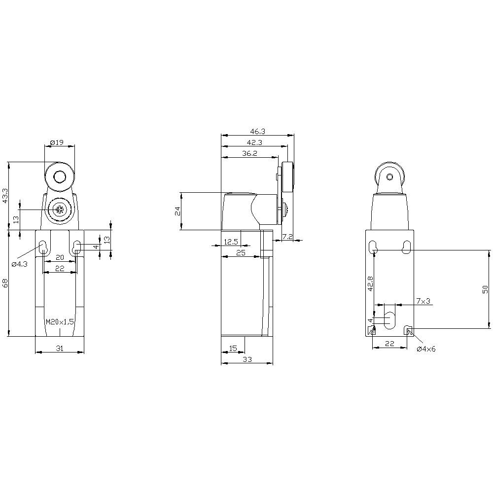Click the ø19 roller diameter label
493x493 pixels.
[57, 142]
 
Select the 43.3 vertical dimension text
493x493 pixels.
[5, 195]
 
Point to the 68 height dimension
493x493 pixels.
[5, 283]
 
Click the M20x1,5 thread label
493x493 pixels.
[60, 321]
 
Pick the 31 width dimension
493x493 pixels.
[60, 349]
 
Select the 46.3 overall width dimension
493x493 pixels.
[257, 132]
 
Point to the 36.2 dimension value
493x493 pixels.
[250, 153]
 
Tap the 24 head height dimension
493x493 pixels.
[178, 211]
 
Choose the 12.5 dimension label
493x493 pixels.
[231, 242]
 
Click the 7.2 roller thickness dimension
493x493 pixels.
[287, 237]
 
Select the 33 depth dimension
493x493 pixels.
[247, 360]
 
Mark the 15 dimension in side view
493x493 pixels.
[234, 349]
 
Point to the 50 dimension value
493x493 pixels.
[485, 289]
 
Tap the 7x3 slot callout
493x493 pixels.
[423, 301]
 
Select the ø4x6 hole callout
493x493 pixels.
[426, 349]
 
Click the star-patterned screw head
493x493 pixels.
[60, 210]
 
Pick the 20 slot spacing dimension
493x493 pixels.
[60, 257]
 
